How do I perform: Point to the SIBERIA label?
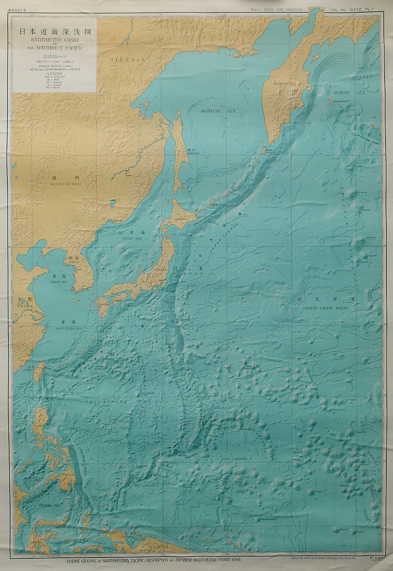(x=127, y=59)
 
